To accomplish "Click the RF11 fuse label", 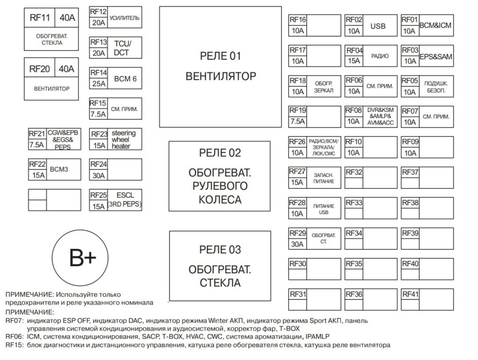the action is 40,18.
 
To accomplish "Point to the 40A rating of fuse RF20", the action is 66,69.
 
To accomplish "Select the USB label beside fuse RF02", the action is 378,26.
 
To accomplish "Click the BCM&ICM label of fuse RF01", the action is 436,25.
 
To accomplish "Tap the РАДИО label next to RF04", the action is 380,56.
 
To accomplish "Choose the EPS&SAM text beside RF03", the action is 436,56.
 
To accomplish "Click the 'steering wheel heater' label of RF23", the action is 123,139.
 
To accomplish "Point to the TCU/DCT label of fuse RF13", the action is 123,48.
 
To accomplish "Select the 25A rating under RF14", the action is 99,83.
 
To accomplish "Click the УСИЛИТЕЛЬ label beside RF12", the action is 124,18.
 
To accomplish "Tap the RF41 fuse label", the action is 410,294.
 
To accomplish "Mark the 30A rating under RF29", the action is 297,244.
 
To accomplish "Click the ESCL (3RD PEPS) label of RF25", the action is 125,200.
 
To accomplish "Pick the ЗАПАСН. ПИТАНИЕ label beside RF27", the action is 324,178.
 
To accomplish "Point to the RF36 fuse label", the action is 354,294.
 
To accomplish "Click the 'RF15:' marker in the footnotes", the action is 14,345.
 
